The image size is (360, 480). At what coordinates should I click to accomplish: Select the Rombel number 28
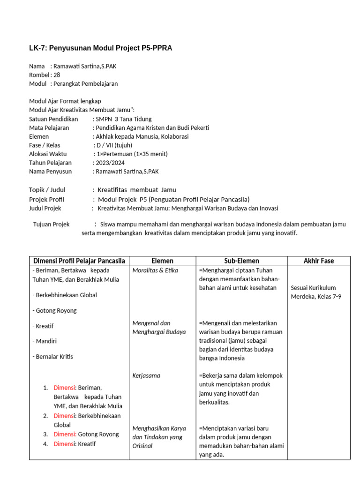(57, 75)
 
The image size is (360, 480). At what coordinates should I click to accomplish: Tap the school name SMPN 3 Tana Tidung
(124, 119)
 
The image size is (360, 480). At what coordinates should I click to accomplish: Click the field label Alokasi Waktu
(48, 154)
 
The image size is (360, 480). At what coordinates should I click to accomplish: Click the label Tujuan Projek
(51, 225)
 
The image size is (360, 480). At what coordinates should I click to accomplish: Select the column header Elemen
(163, 261)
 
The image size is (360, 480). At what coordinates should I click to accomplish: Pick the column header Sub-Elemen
(241, 261)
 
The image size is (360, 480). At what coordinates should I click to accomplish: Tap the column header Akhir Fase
(319, 261)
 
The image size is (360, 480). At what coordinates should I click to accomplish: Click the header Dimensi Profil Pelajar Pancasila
(79, 261)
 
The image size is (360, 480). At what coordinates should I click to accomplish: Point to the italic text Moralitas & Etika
(155, 270)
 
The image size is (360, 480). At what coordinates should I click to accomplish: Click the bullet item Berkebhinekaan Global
(65, 295)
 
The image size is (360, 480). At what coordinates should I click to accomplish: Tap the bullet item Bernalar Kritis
(53, 357)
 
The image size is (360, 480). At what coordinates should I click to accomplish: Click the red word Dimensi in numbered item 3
(65, 435)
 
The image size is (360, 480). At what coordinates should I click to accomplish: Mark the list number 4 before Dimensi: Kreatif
(45, 444)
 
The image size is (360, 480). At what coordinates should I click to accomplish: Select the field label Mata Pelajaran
(49, 128)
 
